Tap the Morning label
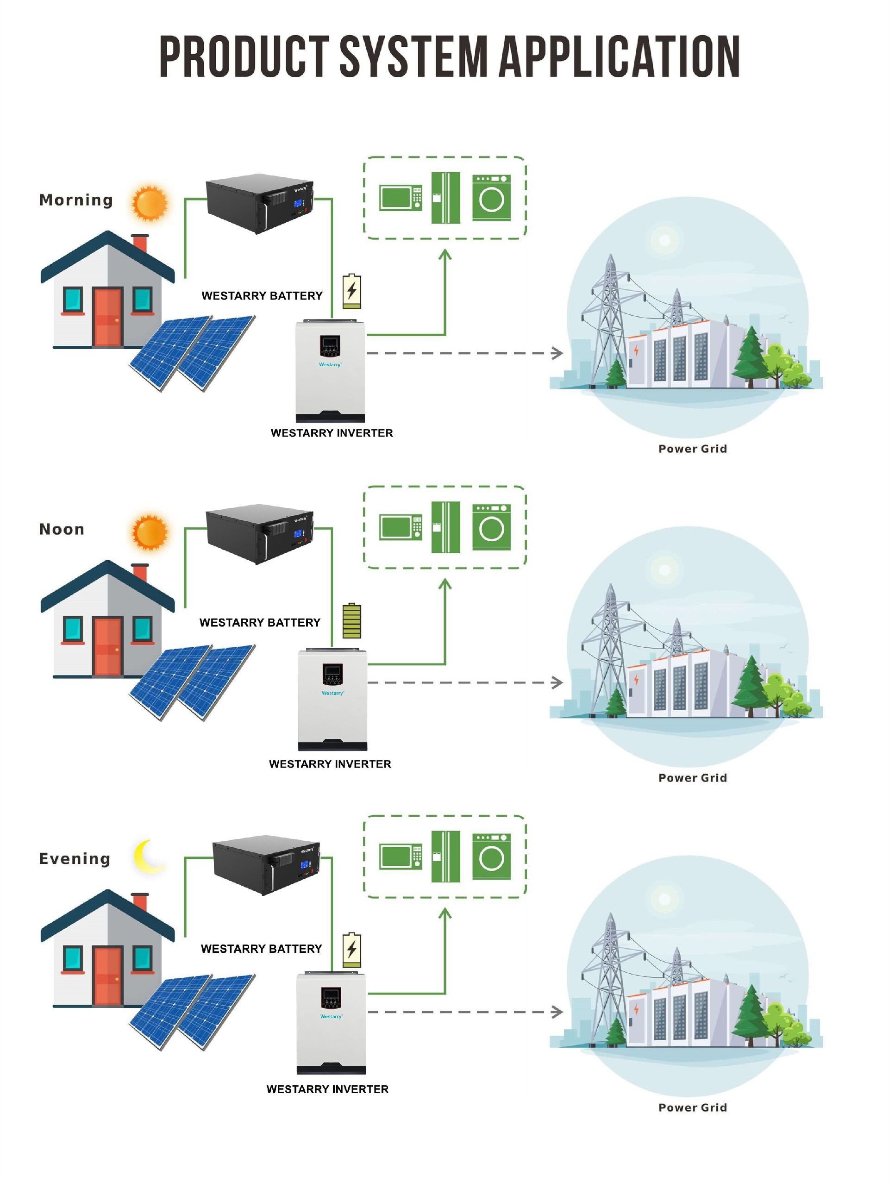point(76,200)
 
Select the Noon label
point(62,529)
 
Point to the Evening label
point(74,858)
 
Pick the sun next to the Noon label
point(150,532)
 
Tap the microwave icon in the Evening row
point(400,857)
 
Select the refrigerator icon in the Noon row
point(445,527)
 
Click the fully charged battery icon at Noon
point(351,621)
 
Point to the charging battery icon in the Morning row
point(351,292)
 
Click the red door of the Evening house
point(107,975)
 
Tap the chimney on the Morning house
point(140,243)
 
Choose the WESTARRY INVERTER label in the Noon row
point(330,764)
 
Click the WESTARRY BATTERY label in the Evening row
point(261,949)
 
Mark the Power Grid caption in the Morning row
point(692,449)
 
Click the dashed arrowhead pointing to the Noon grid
point(558,682)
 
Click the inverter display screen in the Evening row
point(331,995)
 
